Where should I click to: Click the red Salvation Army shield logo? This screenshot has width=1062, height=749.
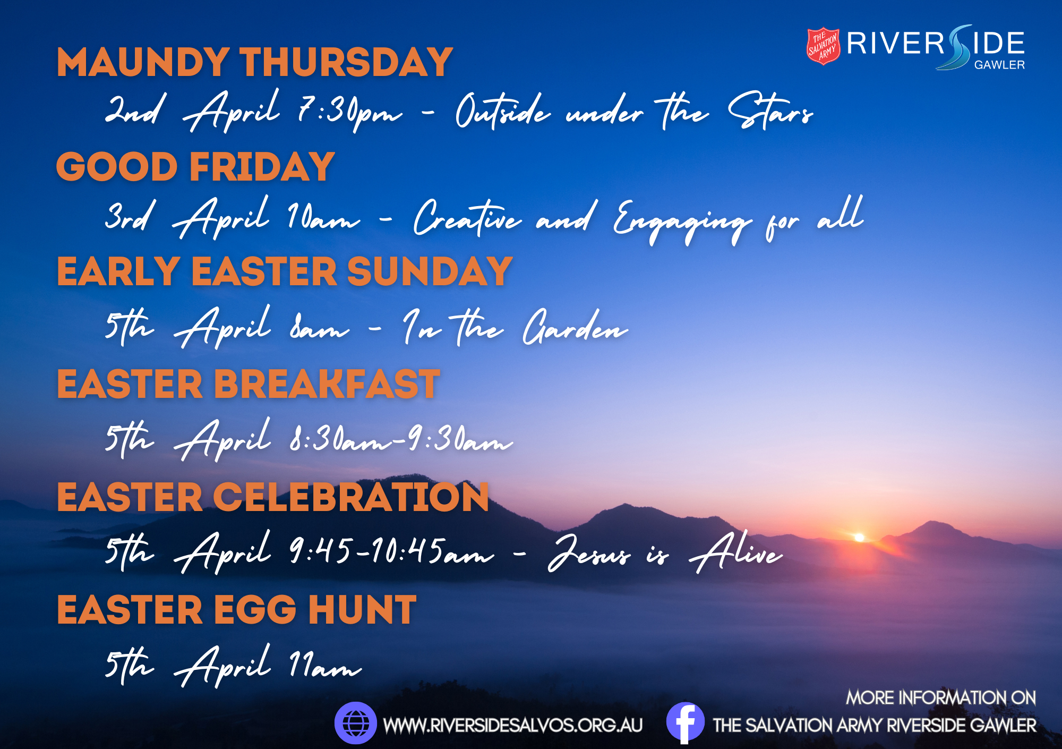pyautogui.click(x=823, y=46)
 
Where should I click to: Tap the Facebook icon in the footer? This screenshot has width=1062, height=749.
pyautogui.click(x=685, y=722)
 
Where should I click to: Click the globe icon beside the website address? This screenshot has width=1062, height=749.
pyautogui.click(x=355, y=723)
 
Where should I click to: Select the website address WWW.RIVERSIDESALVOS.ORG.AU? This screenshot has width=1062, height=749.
pyautogui.click(x=513, y=725)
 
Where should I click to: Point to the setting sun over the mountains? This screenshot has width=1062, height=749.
pyautogui.click(x=859, y=538)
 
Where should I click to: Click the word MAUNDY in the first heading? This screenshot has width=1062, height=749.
pyautogui.click(x=143, y=63)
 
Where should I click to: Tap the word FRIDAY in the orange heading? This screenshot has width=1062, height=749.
pyautogui.click(x=262, y=167)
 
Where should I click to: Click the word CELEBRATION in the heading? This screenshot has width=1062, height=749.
pyautogui.click(x=351, y=497)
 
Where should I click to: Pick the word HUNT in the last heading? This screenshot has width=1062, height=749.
pyautogui.click(x=362, y=609)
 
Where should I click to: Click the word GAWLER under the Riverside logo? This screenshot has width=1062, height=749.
pyautogui.click(x=999, y=65)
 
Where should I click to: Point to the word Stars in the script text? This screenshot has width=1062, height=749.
pyautogui.click(x=770, y=110)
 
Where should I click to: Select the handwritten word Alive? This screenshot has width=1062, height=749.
pyautogui.click(x=735, y=552)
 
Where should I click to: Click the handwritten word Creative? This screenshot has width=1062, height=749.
pyautogui.click(x=467, y=218)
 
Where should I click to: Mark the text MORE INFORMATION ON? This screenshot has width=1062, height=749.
pyautogui.click(x=941, y=697)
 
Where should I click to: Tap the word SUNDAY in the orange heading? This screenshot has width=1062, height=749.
pyautogui.click(x=430, y=271)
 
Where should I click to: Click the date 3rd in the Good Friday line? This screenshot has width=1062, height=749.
pyautogui.click(x=130, y=215)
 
